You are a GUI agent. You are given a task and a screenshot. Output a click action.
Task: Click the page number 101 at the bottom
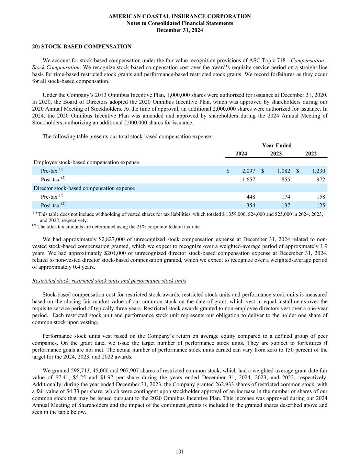pos(180,451)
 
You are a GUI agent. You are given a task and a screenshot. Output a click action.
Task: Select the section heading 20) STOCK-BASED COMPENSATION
pos(82,46)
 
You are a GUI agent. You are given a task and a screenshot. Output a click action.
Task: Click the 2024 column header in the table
pos(241,154)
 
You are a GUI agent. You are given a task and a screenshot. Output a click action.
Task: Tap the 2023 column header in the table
pos(276,154)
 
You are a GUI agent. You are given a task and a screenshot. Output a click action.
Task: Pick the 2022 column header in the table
pos(311,154)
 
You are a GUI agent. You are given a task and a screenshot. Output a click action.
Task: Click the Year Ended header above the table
pos(277,145)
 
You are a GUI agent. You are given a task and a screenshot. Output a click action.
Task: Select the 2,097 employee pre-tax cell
pos(248,171)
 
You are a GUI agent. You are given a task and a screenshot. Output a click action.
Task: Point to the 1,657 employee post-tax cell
pos(248,179)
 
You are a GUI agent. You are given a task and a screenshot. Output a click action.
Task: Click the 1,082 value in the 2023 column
pos(283,171)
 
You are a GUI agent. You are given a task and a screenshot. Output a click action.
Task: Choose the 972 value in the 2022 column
pos(320,179)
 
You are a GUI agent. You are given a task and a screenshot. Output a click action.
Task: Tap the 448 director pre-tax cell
pos(250,197)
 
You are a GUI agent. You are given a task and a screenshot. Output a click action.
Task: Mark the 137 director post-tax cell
pos(285,205)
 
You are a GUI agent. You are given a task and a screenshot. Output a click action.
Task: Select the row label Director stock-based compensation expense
pos(84,188)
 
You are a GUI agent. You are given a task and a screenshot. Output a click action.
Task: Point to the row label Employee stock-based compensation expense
pos(86,162)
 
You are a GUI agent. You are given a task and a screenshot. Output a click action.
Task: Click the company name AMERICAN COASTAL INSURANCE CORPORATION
pos(180,16)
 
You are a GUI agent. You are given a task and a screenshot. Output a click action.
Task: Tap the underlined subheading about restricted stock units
pos(109,281)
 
